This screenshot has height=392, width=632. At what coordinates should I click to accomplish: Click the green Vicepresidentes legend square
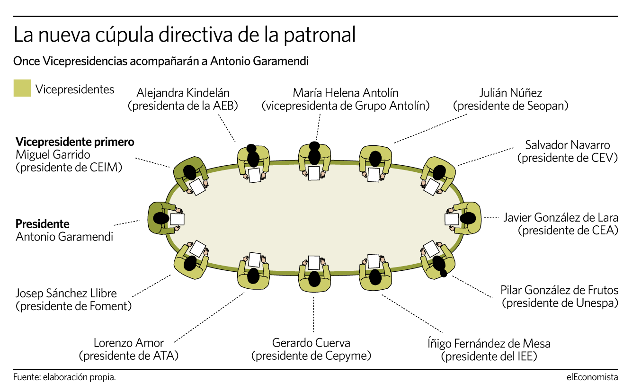[22, 88]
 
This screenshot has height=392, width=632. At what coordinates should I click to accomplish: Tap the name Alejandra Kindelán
[183, 93]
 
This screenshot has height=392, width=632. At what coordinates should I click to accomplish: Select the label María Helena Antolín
[346, 93]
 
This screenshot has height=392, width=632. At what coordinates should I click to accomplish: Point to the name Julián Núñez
[511, 93]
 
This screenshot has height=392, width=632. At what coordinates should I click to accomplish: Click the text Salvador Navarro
[568, 145]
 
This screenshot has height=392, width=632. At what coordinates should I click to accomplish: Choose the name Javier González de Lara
[561, 218]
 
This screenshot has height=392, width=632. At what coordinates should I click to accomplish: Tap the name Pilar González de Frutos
[560, 290]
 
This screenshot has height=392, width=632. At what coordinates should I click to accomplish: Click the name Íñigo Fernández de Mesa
[489, 343]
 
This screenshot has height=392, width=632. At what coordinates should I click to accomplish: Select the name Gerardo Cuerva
[311, 343]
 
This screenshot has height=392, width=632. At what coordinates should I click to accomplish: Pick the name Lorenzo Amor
[129, 343]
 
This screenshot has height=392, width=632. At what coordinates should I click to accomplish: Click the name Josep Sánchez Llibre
[66, 293]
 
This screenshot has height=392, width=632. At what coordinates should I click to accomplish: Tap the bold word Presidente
[42, 224]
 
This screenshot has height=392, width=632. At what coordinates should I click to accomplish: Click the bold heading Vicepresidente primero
[75, 142]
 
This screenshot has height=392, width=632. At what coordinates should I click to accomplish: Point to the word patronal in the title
[320, 35]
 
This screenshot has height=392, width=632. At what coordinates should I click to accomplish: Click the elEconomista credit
[592, 377]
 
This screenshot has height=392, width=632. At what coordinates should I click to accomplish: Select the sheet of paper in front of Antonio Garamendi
[177, 219]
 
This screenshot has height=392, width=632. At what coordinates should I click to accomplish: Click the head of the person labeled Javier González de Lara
[468, 218]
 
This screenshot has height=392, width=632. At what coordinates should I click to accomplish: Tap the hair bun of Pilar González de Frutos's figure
[444, 273]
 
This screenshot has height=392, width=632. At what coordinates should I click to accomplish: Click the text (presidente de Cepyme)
[311, 356]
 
